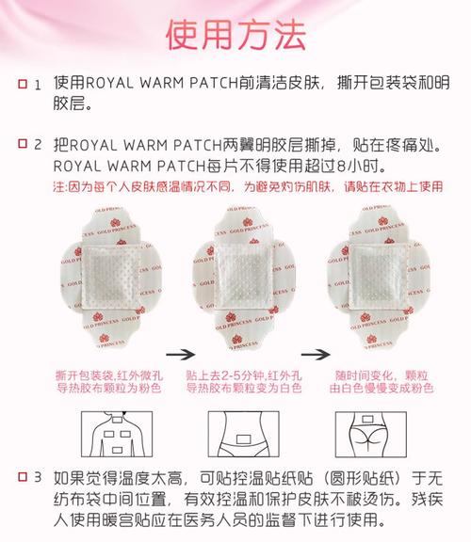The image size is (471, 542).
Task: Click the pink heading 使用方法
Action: pyautogui.click(x=236, y=35)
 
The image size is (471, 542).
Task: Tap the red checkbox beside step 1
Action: pyautogui.click(x=23, y=84)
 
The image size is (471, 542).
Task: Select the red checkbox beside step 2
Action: pyautogui.click(x=23, y=143)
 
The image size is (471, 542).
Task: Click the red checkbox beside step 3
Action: pyautogui.click(x=23, y=477)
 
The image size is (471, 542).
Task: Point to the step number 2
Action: pyautogui.click(x=38, y=144)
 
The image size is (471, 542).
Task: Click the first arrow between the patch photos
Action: pyautogui.click(x=180, y=355)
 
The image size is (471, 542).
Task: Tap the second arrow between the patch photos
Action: pyautogui.click(x=316, y=355)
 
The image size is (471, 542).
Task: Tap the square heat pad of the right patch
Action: pyautogui.click(x=377, y=276)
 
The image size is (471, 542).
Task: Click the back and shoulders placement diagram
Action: pyautogui.click(x=117, y=434)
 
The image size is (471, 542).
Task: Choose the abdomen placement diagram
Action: pyautogui.click(x=244, y=434)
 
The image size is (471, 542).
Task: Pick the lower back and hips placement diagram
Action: pyautogui.click(x=371, y=434)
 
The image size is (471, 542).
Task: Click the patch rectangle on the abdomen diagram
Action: pyautogui.click(x=243, y=439)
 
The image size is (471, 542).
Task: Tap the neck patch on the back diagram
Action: pyautogui.click(x=117, y=420)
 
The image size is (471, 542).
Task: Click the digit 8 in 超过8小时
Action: pyautogui.click(x=341, y=167)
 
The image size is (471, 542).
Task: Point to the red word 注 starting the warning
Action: pyautogui.click(x=58, y=187)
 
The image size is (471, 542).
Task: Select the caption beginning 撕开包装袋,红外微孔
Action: pyautogui.click(x=109, y=382)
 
